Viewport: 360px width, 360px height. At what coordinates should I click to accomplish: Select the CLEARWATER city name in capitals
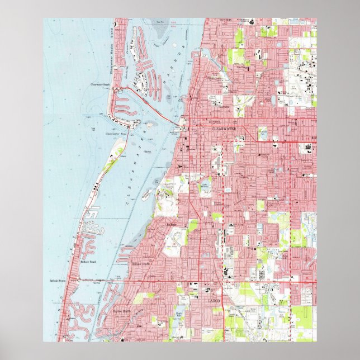pos(224,128)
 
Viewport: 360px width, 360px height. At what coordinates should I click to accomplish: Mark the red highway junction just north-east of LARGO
pos(222,282)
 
